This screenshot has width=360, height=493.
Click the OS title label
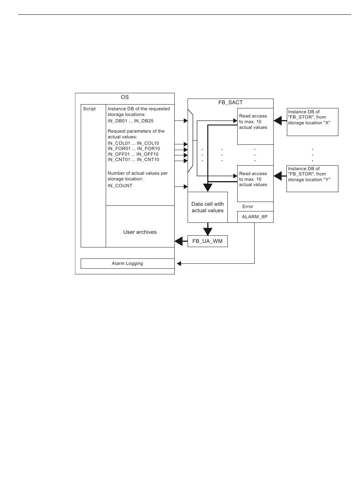click(x=125, y=97)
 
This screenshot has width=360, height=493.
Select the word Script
click(x=89, y=109)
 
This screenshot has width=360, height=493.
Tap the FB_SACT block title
click(x=230, y=102)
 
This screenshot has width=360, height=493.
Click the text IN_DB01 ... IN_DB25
click(x=130, y=121)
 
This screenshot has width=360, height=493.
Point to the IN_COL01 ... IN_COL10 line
click(x=133, y=143)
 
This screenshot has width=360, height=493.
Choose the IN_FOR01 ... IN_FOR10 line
click(x=133, y=149)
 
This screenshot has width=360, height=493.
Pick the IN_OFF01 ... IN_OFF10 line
click(x=133, y=154)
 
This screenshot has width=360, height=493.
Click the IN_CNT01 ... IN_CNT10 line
click(x=133, y=160)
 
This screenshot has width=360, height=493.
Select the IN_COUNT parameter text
click(x=120, y=186)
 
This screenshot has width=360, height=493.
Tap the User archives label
click(x=140, y=232)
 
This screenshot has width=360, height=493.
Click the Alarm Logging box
click(x=127, y=263)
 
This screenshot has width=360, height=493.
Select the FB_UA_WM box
click(x=208, y=241)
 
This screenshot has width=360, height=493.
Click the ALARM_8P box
click(x=255, y=217)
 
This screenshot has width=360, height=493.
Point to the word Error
click(x=247, y=207)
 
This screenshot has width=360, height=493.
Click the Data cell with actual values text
click(x=208, y=207)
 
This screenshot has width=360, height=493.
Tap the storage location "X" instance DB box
click(x=313, y=122)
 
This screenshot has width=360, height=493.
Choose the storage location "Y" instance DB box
click(x=312, y=178)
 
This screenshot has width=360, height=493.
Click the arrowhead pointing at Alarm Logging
click(x=179, y=263)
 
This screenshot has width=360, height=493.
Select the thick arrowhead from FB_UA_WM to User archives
click(x=178, y=241)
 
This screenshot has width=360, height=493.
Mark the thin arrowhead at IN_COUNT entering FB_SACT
click(x=186, y=187)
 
